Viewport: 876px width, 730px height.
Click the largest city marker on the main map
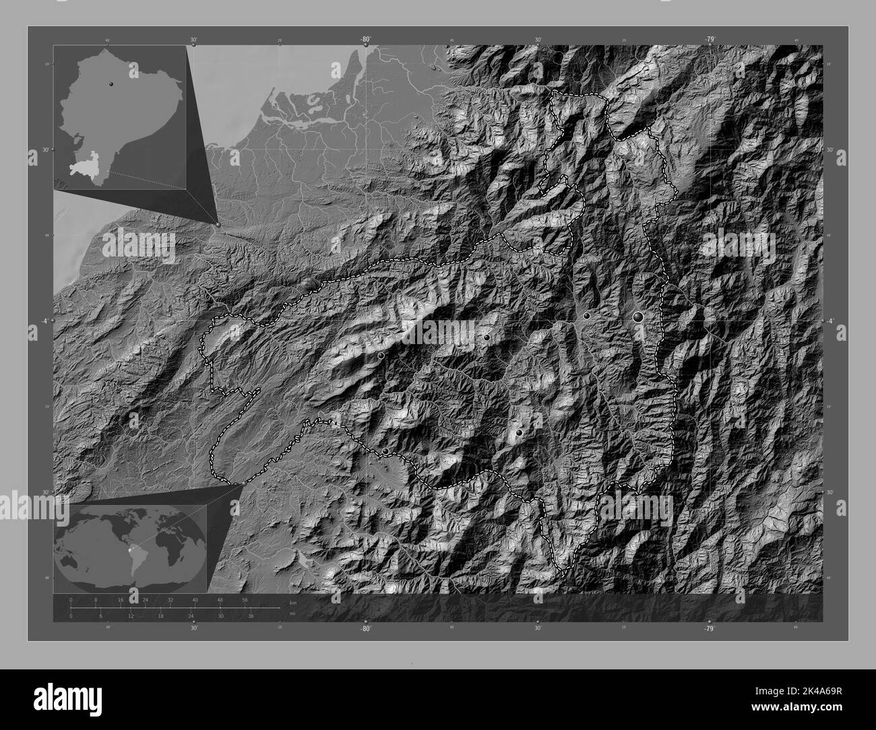(637, 316)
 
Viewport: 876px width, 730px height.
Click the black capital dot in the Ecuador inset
(110, 84)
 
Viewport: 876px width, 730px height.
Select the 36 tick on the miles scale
(251, 614)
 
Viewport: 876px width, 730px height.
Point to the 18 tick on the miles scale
(160, 614)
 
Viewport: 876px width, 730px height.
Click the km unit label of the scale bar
(292, 603)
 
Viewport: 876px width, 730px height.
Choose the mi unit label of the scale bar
(292, 613)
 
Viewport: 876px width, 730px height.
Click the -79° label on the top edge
(710, 40)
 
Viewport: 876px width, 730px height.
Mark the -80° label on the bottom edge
(365, 628)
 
